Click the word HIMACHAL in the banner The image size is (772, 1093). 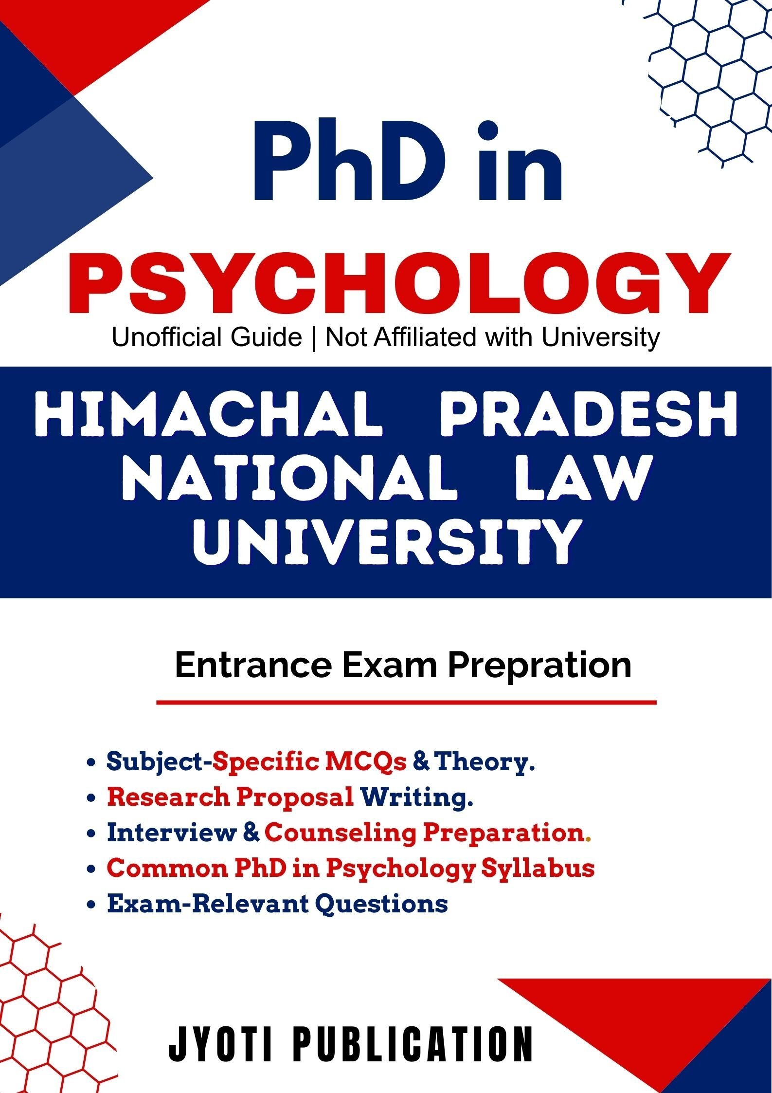pos(208,415)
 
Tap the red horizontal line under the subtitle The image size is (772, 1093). pos(406,703)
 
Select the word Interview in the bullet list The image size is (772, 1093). pos(171,832)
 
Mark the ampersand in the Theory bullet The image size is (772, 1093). pos(421,762)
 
